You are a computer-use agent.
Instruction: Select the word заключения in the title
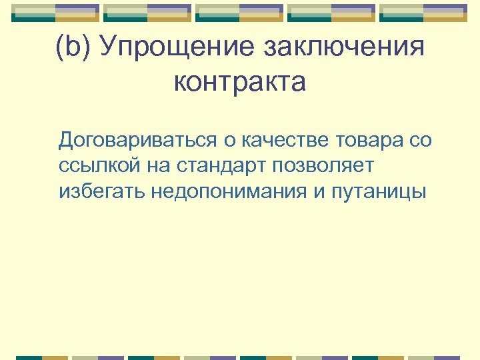[x=344, y=49]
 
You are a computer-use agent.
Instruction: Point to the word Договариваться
[x=137, y=141]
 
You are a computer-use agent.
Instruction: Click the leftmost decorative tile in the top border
[x=55, y=13]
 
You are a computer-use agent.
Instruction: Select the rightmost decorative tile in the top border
[x=423, y=13]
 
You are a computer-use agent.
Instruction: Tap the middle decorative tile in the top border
[x=239, y=13]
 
